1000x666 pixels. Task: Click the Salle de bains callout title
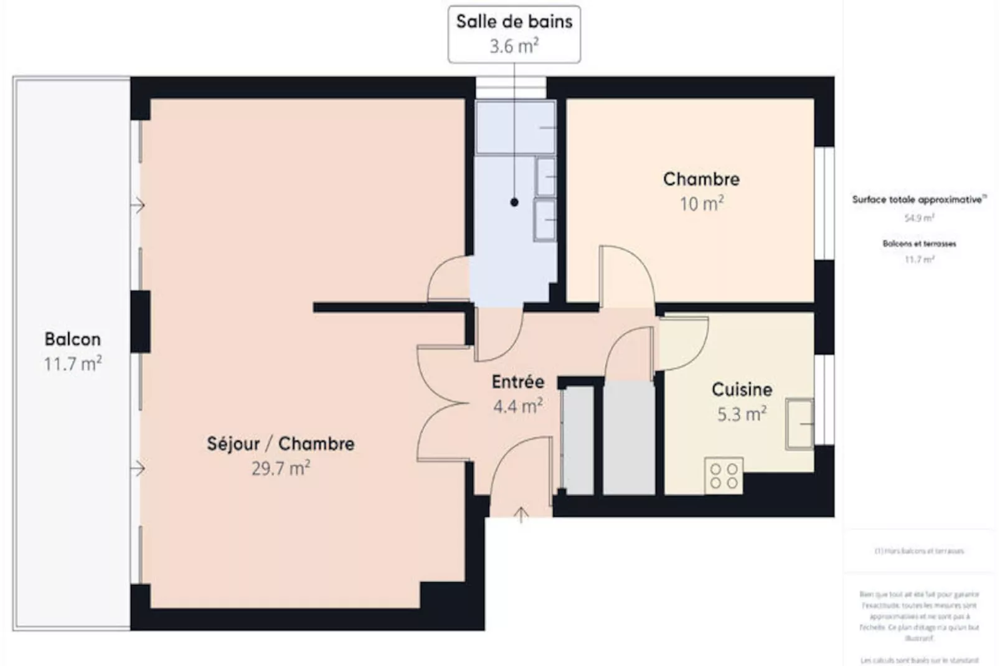point(514,22)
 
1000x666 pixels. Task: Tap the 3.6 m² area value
point(514,46)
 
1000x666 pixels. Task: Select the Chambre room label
point(701,179)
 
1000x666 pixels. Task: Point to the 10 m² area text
point(701,204)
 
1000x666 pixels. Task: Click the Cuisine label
point(742,390)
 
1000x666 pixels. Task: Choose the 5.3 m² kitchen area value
point(741,414)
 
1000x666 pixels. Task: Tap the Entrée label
point(517,382)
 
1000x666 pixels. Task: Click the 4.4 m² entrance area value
point(517,406)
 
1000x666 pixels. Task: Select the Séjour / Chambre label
point(280,444)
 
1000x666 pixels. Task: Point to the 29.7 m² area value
point(280,468)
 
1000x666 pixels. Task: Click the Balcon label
point(72,339)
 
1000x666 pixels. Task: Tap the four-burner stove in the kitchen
point(724,476)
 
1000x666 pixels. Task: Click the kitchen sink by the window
point(800,424)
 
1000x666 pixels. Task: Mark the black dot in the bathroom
point(514,202)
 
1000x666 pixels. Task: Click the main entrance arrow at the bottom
point(521,514)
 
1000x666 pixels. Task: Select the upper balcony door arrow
point(138,205)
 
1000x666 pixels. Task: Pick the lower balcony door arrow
point(138,468)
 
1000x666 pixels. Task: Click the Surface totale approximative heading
point(918,200)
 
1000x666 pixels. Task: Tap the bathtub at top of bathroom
point(515,128)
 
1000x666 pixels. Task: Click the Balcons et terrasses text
point(919,243)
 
